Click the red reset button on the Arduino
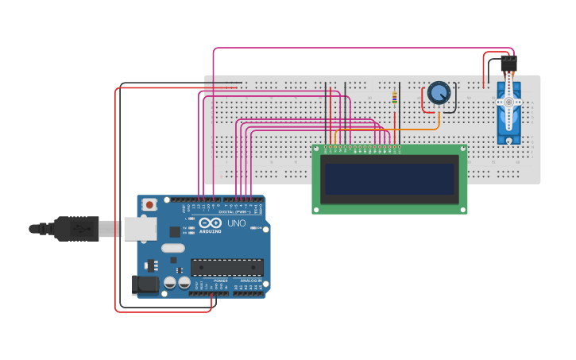click(x=149, y=204)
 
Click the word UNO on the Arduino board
click(x=236, y=223)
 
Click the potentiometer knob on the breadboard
click(x=438, y=94)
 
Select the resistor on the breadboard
click(x=395, y=99)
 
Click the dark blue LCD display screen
click(x=389, y=180)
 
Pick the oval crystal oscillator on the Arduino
click(x=173, y=248)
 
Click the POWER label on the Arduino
click(x=219, y=281)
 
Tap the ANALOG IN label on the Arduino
click(x=249, y=281)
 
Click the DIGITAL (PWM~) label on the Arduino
click(x=235, y=212)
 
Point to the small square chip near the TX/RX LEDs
click(x=175, y=231)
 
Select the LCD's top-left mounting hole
click(x=318, y=149)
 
